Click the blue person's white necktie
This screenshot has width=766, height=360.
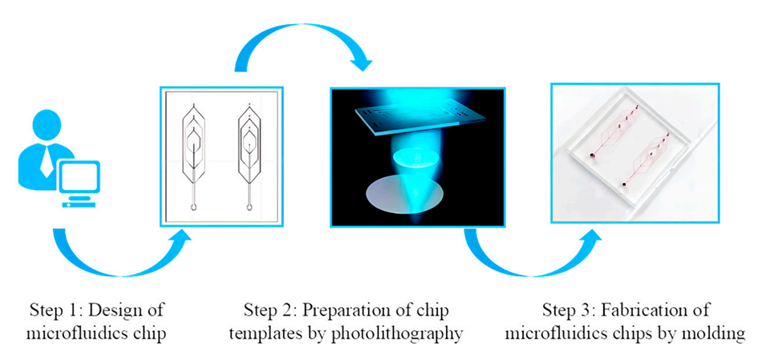point(47,162)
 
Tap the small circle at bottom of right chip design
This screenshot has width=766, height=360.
point(249,207)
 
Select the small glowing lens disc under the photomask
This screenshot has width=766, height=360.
point(413,157)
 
